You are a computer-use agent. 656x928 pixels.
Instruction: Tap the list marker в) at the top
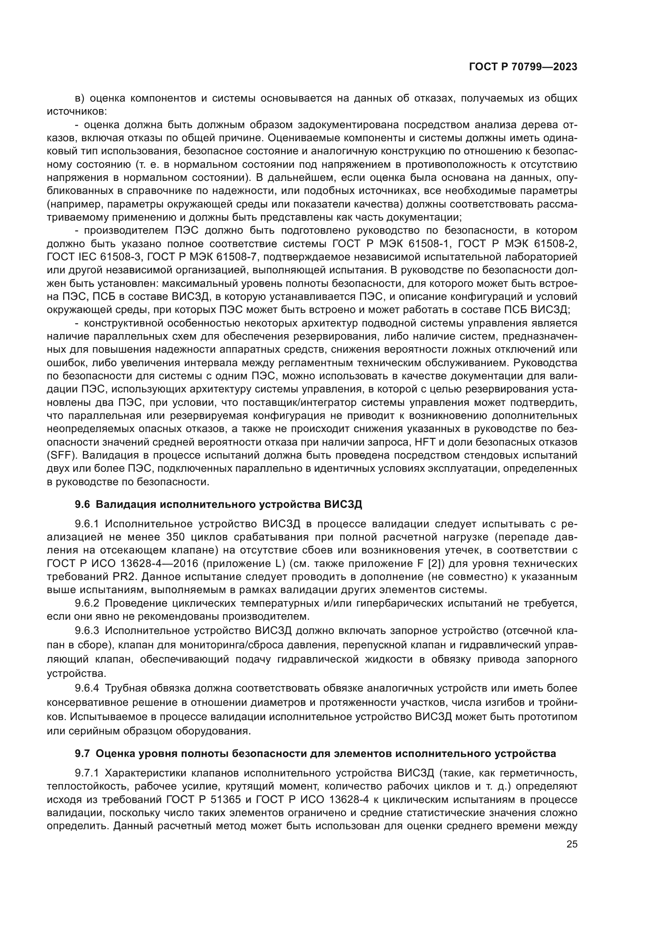(79, 98)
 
